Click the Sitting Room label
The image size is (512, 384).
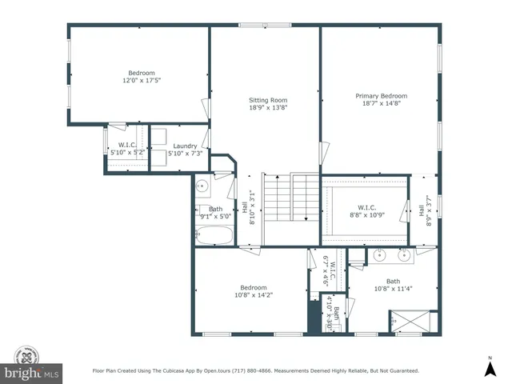tap(268, 101)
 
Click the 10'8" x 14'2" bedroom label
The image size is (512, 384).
tap(254, 295)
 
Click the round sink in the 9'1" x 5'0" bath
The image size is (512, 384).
tap(202, 186)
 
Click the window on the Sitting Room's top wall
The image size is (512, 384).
tap(266, 26)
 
